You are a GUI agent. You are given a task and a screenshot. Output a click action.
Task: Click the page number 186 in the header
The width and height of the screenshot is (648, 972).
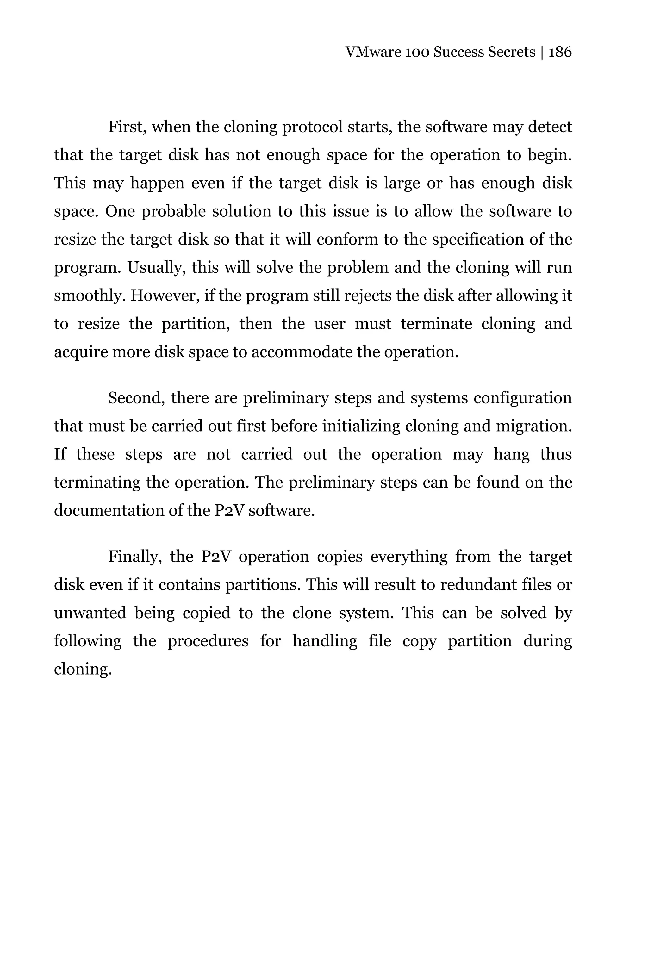560,52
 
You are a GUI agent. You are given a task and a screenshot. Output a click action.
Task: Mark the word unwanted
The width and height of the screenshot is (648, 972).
90,613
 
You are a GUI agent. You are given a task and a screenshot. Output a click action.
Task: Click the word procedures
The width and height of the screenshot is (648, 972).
208,641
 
